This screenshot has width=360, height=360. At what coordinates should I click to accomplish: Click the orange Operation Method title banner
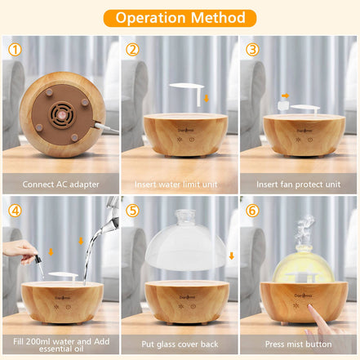click(x=180, y=17)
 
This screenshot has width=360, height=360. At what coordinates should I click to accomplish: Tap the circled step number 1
click(x=14, y=49)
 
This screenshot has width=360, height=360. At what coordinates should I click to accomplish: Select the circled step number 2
click(x=133, y=49)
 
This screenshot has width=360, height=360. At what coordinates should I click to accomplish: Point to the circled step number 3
click(x=252, y=49)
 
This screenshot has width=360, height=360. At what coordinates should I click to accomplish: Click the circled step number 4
click(x=14, y=209)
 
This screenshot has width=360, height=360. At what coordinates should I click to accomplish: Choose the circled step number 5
click(x=133, y=209)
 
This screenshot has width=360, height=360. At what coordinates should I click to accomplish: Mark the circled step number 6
click(x=252, y=209)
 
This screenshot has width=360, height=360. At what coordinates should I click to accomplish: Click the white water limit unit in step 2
click(x=184, y=88)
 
